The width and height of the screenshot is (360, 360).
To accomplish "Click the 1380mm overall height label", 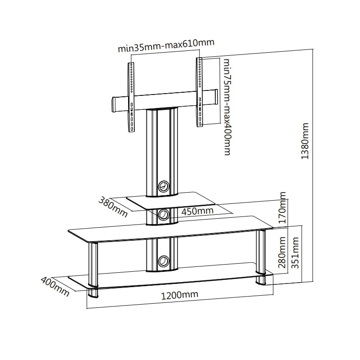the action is point(305,141).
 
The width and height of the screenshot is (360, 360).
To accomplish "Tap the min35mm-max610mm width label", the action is point(166,45).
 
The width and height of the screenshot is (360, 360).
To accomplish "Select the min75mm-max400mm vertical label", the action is point(227,107).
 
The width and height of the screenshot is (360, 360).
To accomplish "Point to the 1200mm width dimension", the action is point(179,295).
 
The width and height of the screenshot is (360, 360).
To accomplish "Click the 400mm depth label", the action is point(55,286).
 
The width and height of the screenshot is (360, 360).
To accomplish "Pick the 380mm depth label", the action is point(113,207).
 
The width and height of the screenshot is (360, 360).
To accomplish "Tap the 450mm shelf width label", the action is point(197,211).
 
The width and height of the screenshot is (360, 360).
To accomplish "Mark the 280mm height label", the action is point(282,252).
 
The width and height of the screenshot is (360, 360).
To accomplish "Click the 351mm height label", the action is point(295,253).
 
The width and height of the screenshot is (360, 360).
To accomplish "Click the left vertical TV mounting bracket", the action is point(131,97).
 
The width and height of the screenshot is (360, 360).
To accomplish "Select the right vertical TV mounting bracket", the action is point(200,92).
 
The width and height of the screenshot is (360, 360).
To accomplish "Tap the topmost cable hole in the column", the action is point(164,186).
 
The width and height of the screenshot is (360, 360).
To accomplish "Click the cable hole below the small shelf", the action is point(164,214).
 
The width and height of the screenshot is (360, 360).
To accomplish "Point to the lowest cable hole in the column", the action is point(164,261).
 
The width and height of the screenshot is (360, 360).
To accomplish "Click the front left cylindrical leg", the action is point(93,270).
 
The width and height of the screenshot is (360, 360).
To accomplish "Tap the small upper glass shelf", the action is point(171,200).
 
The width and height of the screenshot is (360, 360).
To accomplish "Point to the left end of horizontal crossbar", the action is point(114,105).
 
